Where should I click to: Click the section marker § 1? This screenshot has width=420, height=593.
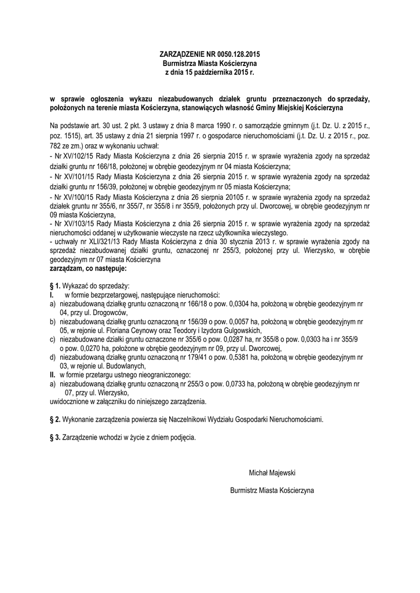click(x=56, y=286)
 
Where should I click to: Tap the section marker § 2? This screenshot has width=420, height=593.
click(x=56, y=419)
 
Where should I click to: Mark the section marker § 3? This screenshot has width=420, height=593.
click(x=56, y=437)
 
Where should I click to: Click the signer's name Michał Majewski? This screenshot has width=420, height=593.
click(x=272, y=473)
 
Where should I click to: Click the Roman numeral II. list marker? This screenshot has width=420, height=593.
click(x=53, y=375)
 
